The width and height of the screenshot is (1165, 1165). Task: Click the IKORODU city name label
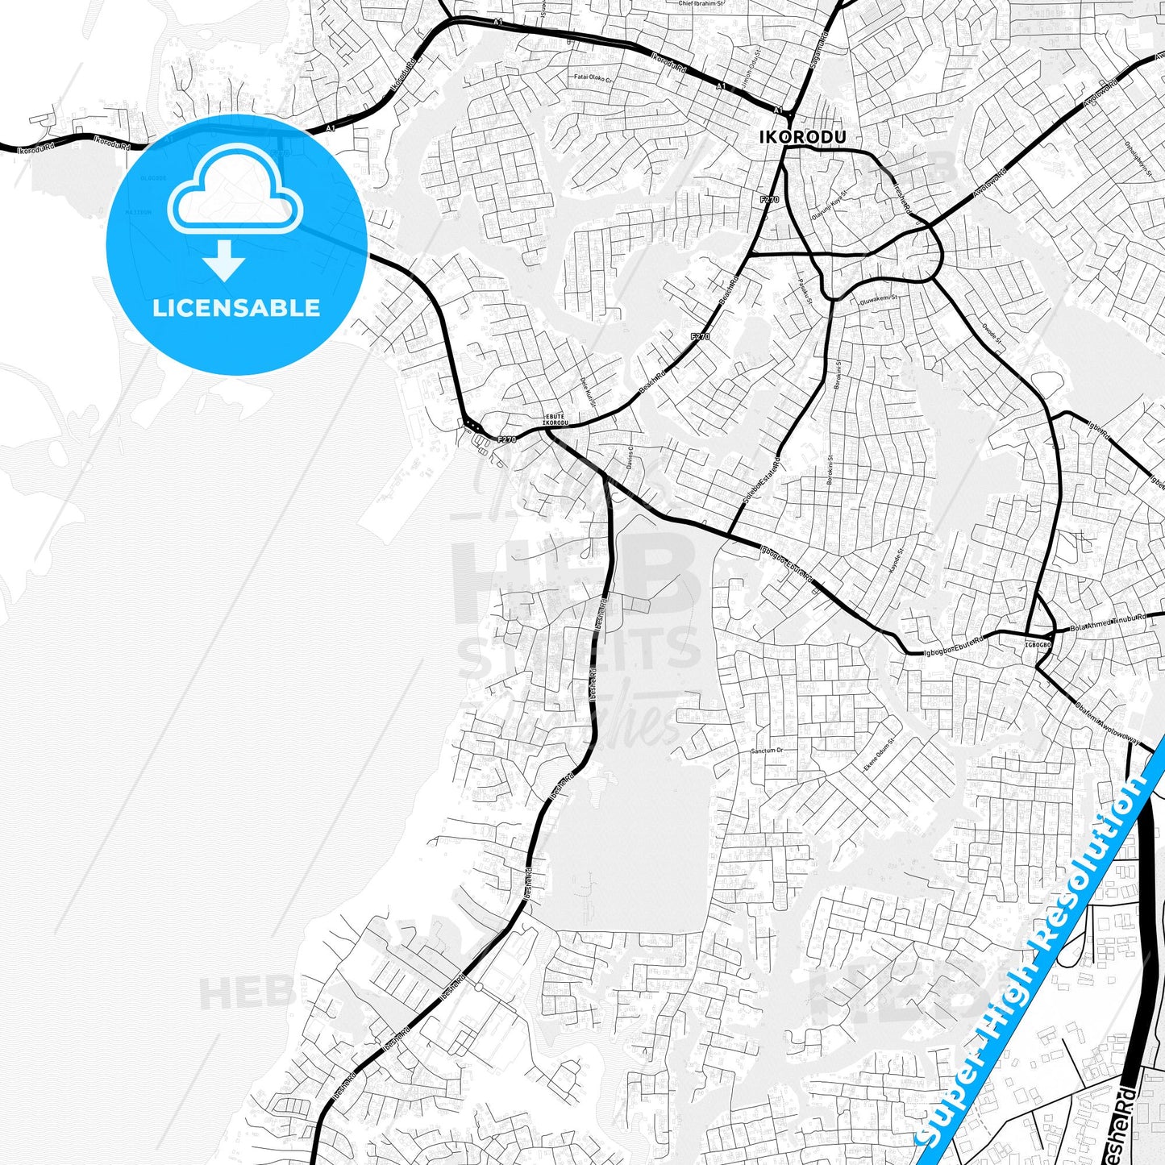(x=802, y=138)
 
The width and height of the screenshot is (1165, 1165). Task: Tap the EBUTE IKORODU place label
(x=555, y=420)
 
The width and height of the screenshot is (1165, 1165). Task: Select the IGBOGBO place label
(x=1038, y=645)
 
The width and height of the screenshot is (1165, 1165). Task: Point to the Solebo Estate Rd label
(x=762, y=484)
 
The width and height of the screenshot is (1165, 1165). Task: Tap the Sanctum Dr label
(x=767, y=751)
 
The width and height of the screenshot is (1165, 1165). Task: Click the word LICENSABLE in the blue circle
(x=236, y=308)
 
